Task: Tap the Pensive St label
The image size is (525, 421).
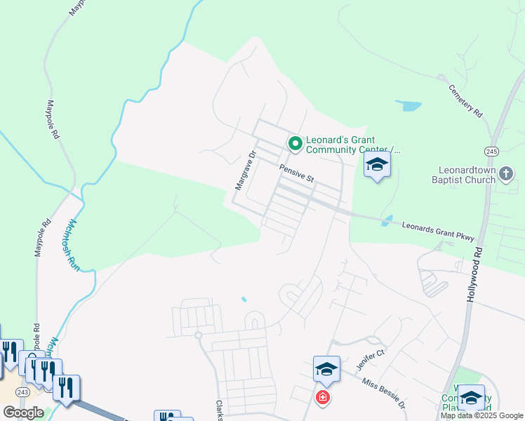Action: (295, 174)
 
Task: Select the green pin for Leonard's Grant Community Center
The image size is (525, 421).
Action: (295, 145)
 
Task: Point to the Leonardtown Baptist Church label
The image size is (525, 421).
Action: (477, 175)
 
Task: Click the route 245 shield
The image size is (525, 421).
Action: (491, 151)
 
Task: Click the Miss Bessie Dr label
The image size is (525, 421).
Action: (384, 394)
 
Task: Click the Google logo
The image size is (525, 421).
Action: (23, 412)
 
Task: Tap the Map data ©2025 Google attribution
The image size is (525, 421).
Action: (481, 415)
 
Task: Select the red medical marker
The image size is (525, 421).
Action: (322, 398)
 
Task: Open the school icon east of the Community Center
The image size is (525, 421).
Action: (377, 166)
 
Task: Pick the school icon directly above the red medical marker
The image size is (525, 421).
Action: (326, 368)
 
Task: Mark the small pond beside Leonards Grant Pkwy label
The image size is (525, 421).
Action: (387, 221)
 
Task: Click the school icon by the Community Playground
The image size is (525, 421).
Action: (471, 398)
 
